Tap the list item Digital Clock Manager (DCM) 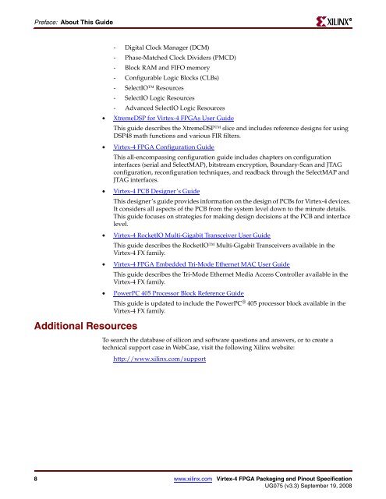pos(166,48)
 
